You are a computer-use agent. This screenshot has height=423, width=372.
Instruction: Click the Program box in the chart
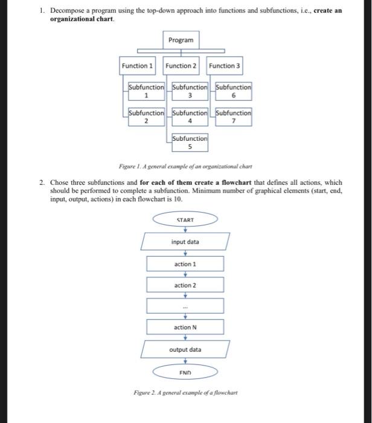(181, 40)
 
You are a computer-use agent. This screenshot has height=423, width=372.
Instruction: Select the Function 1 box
(137, 65)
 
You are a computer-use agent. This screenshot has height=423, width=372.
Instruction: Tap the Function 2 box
(181, 65)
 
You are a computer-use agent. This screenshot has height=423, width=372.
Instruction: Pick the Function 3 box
(225, 65)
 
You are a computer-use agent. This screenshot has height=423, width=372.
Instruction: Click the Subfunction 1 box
(147, 91)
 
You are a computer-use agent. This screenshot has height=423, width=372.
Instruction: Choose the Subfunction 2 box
(147, 116)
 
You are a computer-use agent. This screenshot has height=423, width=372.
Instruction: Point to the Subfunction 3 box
(190, 91)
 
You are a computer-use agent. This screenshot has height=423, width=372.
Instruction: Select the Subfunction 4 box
(190, 116)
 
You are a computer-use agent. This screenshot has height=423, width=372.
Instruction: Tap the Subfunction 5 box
(190, 141)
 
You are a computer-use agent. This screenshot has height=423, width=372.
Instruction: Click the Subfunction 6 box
(234, 91)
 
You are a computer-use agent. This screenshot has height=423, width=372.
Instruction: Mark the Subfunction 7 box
(234, 116)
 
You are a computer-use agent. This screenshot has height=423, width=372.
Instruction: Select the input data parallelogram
(185, 242)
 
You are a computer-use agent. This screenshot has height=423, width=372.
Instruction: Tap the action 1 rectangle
(185, 264)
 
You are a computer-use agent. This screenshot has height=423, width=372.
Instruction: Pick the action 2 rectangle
(185, 285)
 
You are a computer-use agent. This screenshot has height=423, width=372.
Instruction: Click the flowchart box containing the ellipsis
(185, 306)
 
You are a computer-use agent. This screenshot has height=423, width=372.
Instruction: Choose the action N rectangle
(185, 327)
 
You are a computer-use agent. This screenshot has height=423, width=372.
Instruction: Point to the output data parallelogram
(185, 349)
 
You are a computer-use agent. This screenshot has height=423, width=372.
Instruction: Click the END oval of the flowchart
(185, 372)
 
